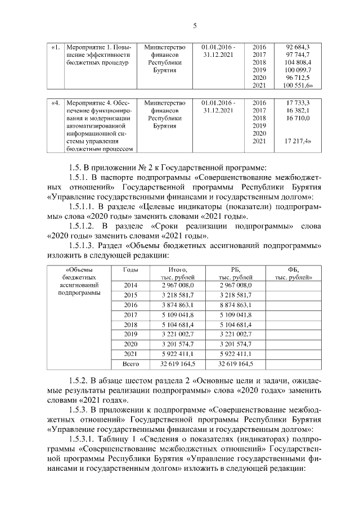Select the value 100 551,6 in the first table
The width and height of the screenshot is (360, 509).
pos(299,85)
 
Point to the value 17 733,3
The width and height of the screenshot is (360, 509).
pos(298,103)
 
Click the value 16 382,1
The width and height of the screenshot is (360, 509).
pos(298,111)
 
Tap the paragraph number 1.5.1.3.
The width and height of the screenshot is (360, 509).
pos(83,246)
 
